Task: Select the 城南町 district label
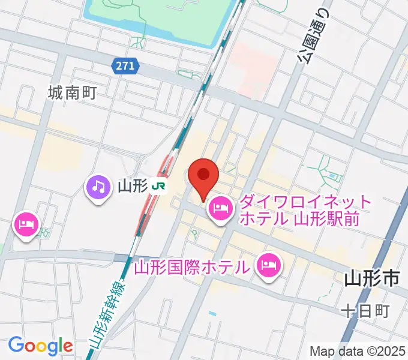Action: click(72, 92)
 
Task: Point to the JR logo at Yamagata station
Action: click(159, 187)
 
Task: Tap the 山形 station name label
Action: click(132, 187)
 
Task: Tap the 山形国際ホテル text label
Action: click(192, 265)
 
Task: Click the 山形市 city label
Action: click(372, 279)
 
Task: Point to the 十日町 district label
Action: click(365, 311)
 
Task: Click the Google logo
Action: click(40, 346)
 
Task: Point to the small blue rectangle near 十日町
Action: click(211, 313)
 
